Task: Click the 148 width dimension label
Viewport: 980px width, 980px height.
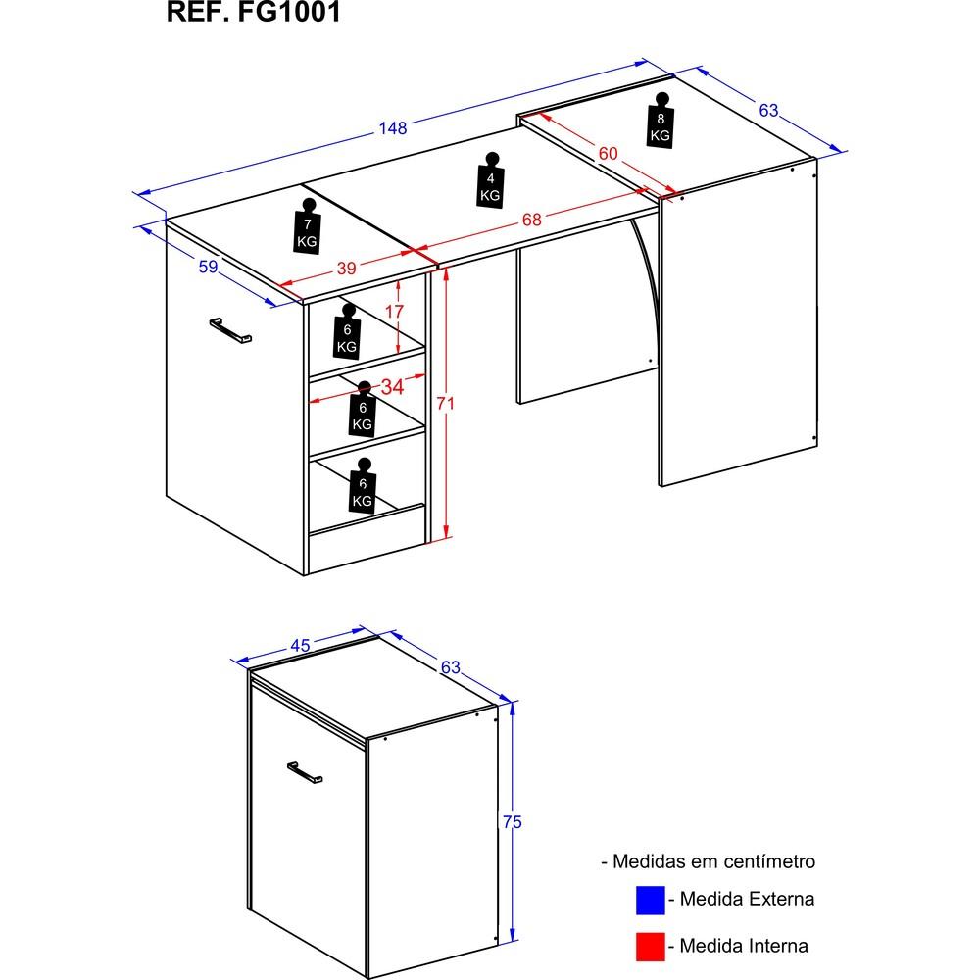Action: [x=393, y=128]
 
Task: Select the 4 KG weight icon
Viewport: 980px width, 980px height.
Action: [x=491, y=179]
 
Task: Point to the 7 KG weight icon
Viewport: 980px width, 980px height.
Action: [x=308, y=226]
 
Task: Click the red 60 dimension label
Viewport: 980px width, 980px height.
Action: [x=608, y=153]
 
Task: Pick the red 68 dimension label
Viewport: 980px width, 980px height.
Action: [x=532, y=220]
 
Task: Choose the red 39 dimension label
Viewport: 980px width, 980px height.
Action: [x=346, y=269]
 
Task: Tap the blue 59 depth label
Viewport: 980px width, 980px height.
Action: [x=208, y=267]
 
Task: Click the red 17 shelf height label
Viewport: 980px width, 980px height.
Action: [x=394, y=311]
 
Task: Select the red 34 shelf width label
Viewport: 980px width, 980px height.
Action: [x=392, y=387]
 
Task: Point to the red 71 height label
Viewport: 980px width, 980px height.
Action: [x=445, y=404]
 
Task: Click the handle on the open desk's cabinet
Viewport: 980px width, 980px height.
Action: [x=230, y=330]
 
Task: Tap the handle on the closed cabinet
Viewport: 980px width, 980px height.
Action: [x=305, y=772]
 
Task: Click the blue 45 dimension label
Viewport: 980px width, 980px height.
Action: [x=300, y=646]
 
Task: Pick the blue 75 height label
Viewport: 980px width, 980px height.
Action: [x=512, y=822]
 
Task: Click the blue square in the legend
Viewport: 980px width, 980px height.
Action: [x=650, y=900]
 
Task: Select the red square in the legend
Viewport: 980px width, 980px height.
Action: [x=650, y=947]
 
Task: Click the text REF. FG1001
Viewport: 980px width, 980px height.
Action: [x=253, y=12]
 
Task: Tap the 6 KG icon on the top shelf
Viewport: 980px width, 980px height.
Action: [x=348, y=331]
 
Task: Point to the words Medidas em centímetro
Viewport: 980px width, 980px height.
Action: [x=713, y=861]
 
